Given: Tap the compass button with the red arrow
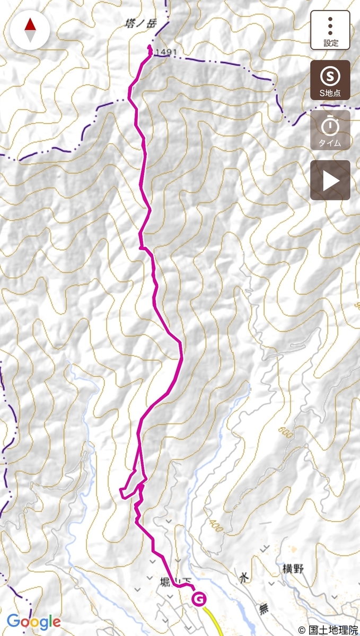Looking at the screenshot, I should coord(30,30).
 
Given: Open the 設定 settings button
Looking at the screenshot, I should coord(330,30).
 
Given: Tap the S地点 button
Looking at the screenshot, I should coord(330,80).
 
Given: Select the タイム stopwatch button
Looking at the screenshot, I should coord(330,130).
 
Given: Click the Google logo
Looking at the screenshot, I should coord(34,621).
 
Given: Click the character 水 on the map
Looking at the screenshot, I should coord(243,578).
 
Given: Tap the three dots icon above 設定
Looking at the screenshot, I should coord(330,25).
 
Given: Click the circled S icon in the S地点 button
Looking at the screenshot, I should coord(330,76).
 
